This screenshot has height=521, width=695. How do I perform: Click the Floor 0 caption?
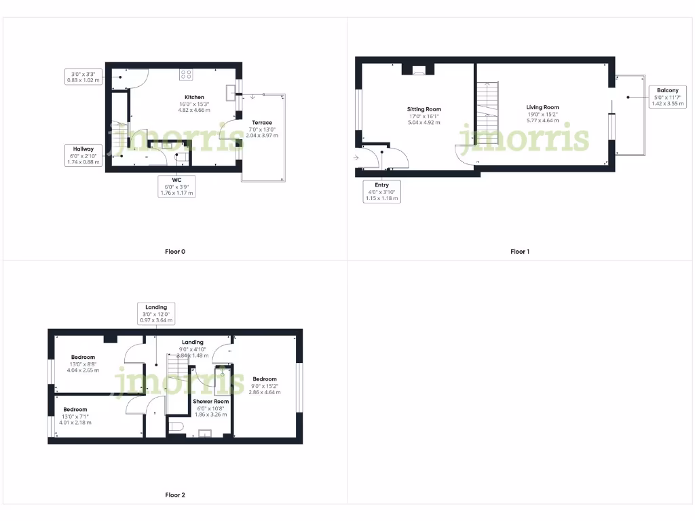pyautogui.click(x=175, y=252)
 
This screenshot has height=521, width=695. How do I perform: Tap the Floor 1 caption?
pyautogui.click(x=520, y=252)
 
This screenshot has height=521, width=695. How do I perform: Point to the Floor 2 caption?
pyautogui.click(x=175, y=495)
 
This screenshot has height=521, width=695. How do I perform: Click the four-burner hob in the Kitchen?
pyautogui.click(x=187, y=75)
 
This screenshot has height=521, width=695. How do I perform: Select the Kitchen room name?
pyautogui.click(x=194, y=97)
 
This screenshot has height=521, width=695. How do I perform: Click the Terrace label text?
pyautogui.click(x=261, y=123)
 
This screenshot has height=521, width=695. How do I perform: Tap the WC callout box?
pyautogui.click(x=176, y=187)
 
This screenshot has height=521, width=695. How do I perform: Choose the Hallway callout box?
pyautogui.click(x=83, y=155)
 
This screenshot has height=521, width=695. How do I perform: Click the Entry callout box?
pyautogui.click(x=382, y=192)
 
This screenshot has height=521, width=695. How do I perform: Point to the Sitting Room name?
pyautogui.click(x=424, y=109)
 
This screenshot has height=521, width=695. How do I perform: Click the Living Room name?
pyautogui.click(x=543, y=107)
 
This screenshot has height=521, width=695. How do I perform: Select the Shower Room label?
pyautogui.click(x=211, y=402)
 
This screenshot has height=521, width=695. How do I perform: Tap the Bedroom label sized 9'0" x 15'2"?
pyautogui.click(x=265, y=379)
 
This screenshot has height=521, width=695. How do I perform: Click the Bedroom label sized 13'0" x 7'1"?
pyautogui.click(x=75, y=410)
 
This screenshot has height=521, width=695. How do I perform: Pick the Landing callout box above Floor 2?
pyautogui.click(x=156, y=313)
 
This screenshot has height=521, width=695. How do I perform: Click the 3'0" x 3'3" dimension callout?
pyautogui.click(x=83, y=76)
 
